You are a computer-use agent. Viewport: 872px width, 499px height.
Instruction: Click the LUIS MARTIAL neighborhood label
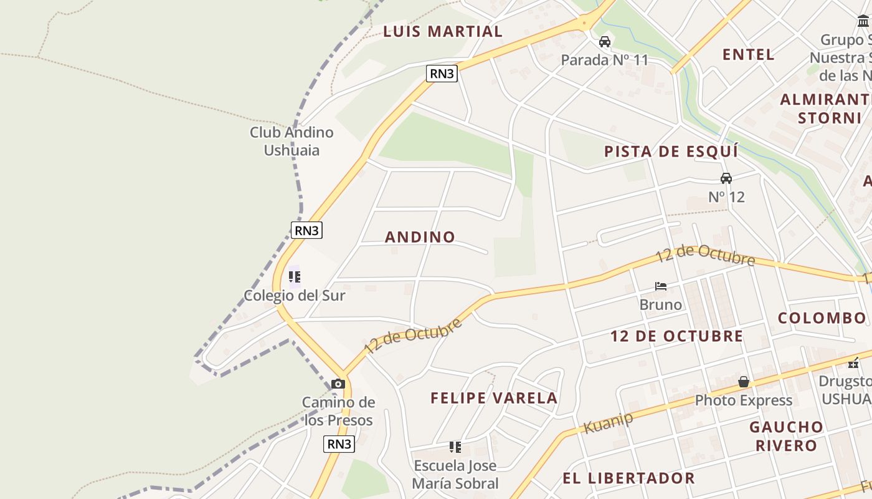click(x=442, y=31)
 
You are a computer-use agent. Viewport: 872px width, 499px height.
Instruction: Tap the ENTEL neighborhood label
click(x=748, y=54)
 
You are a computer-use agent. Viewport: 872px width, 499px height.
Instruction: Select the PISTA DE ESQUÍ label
click(x=671, y=152)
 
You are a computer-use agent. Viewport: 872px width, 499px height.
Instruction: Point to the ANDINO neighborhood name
click(x=420, y=237)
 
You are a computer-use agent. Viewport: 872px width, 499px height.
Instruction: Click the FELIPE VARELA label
click(x=494, y=398)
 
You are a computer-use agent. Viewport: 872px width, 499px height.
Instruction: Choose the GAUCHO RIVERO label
click(x=786, y=436)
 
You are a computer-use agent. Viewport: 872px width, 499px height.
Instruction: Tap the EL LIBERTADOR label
click(x=628, y=478)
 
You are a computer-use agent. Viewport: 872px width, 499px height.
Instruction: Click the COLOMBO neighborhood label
click(x=822, y=318)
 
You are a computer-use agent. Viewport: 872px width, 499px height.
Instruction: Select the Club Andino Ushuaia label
click(x=291, y=141)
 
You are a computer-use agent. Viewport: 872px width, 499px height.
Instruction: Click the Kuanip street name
click(x=608, y=423)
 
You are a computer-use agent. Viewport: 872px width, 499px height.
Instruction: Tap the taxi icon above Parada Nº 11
click(x=604, y=42)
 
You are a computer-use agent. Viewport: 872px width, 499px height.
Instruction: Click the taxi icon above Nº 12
click(x=726, y=178)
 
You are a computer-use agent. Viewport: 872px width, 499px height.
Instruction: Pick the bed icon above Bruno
click(x=661, y=286)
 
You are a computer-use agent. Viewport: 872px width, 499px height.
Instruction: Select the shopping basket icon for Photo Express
click(x=743, y=382)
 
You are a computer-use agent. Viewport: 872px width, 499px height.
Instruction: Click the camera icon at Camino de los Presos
click(x=338, y=384)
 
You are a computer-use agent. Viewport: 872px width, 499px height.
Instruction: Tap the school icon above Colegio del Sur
click(x=294, y=276)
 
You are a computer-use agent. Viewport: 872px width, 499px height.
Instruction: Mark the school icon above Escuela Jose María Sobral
click(x=455, y=447)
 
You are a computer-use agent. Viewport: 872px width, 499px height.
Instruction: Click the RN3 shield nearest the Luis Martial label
click(x=442, y=74)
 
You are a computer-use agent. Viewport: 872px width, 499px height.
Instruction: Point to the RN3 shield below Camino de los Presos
click(x=339, y=444)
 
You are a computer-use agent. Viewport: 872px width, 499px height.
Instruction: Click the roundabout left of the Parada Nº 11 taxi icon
click(x=584, y=23)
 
